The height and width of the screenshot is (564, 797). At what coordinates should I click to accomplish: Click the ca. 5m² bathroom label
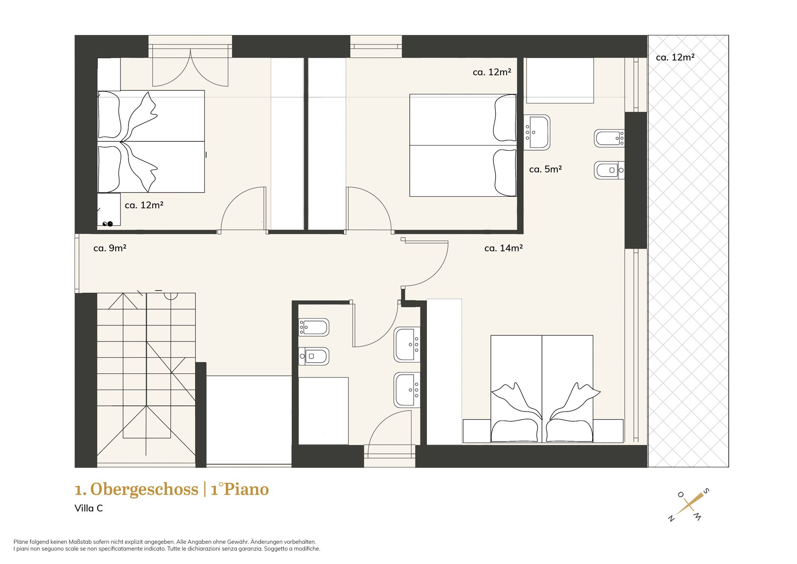click(545, 169)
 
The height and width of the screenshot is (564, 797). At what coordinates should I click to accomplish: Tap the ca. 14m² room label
click(503, 248)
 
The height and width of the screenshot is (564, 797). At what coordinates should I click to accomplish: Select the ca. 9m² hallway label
click(110, 248)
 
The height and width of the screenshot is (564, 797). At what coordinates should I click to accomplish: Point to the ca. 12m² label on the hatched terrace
click(675, 57)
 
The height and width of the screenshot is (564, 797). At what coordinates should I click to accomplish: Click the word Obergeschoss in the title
click(144, 489)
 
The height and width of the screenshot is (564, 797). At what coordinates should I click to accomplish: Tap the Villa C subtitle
click(88, 508)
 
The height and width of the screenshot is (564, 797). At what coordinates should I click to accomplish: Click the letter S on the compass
click(706, 491)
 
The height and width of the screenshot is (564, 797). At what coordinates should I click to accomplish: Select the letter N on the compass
click(671, 519)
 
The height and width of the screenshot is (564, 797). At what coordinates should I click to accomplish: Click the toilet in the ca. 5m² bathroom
click(609, 170)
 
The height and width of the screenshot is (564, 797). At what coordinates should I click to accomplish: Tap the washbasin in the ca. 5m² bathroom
click(537, 132)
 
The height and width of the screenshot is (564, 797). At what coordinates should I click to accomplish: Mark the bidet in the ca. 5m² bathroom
click(609, 138)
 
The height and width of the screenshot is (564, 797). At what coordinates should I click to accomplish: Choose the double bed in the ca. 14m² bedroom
click(542, 389)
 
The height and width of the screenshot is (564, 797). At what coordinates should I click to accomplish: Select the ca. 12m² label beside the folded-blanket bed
click(144, 205)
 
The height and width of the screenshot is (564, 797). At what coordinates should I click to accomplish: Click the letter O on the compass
click(681, 495)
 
